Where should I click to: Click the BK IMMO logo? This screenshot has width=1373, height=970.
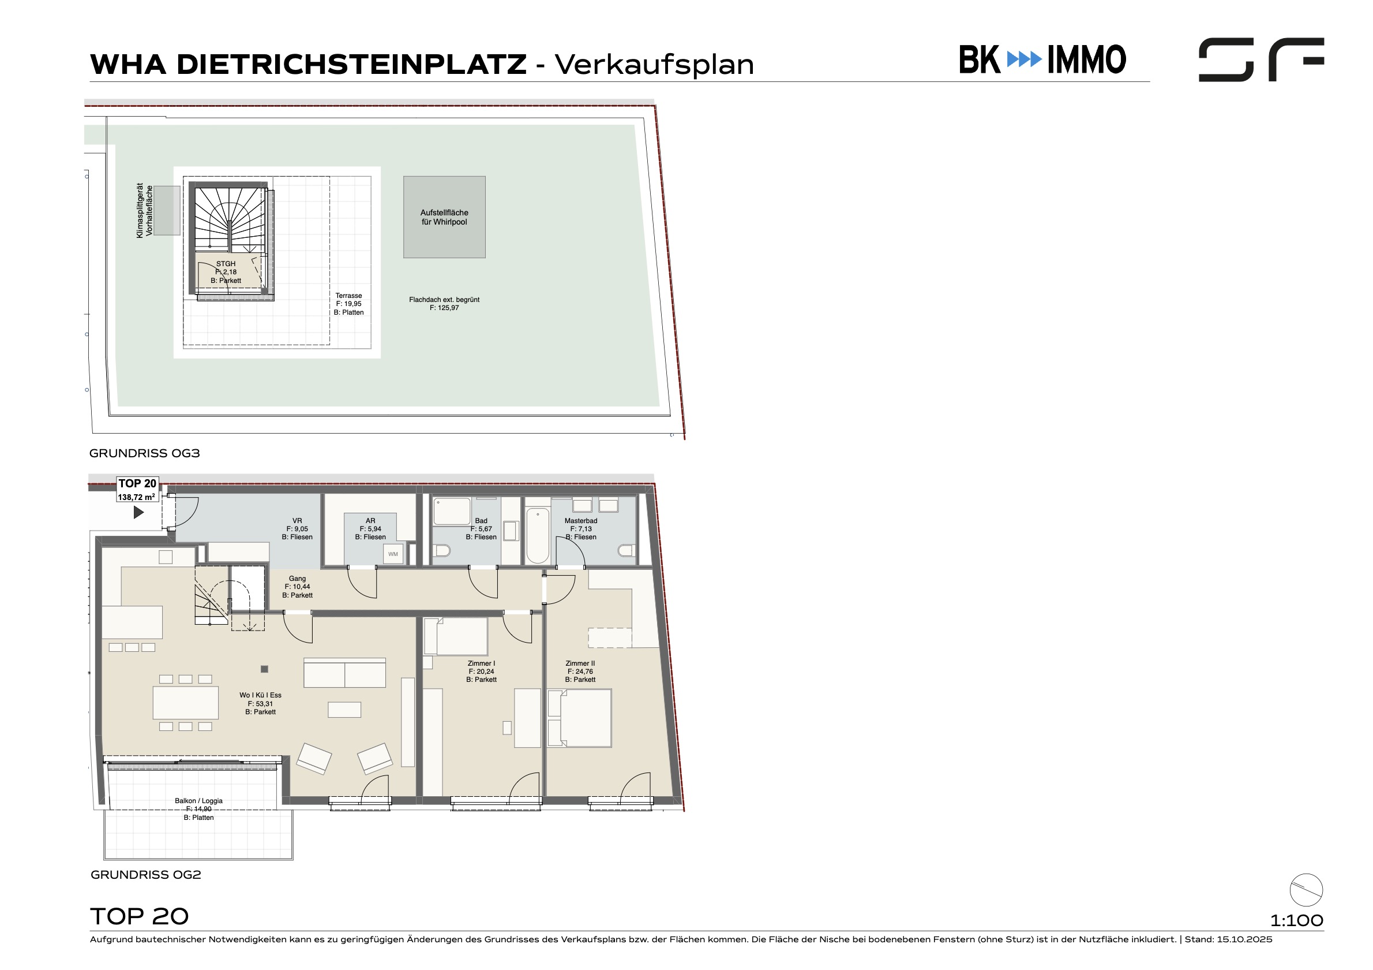[x=1042, y=59]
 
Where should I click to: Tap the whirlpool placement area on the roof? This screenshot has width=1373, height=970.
[x=444, y=217]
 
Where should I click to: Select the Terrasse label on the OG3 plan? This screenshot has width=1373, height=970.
[x=348, y=304]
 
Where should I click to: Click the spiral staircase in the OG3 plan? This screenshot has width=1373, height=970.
[x=229, y=219]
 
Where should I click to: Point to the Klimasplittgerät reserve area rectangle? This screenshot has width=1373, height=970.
[x=167, y=210]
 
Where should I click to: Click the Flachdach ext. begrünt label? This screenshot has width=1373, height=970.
[x=444, y=304]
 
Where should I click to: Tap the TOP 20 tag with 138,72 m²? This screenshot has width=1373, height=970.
[x=137, y=490]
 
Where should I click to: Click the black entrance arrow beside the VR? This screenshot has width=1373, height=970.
[x=138, y=512]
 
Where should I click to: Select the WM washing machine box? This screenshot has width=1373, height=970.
[x=393, y=554]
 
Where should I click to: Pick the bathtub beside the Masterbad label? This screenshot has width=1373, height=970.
[x=538, y=536]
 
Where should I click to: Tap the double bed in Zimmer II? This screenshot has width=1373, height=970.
[x=579, y=718]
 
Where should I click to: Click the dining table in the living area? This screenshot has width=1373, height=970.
[x=185, y=703]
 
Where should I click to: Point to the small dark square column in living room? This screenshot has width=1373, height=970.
[x=264, y=669]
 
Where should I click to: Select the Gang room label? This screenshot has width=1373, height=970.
[x=297, y=587]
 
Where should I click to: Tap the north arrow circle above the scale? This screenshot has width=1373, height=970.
[x=1306, y=890]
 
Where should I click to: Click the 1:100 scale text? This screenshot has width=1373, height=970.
[x=1296, y=920]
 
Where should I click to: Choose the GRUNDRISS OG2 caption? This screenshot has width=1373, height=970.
[x=146, y=875]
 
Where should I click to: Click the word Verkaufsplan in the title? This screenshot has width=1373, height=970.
[x=654, y=65]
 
